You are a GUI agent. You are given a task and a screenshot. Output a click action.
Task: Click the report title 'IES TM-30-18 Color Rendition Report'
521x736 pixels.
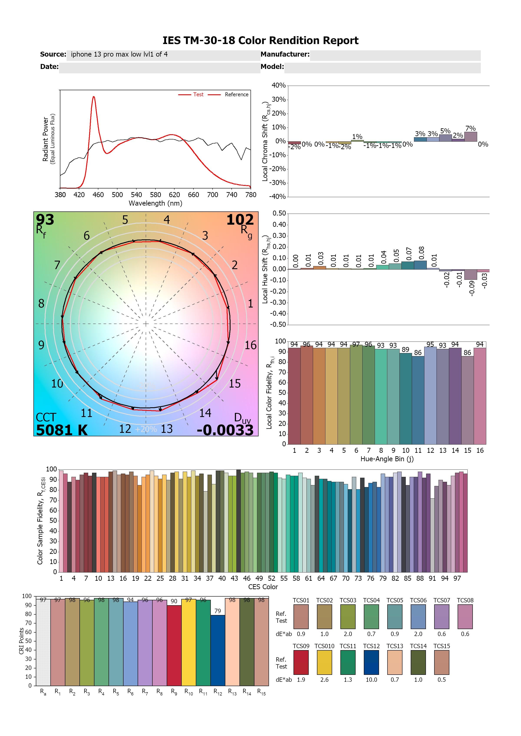coord(260,41)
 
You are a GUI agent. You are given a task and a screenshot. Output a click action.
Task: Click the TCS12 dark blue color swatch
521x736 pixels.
coord(371,662)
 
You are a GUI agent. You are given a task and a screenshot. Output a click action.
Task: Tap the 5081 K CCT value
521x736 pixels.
coord(62,430)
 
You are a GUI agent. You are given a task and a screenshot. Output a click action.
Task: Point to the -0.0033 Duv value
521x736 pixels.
coord(225,430)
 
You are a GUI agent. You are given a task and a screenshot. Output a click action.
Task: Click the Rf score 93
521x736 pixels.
coord(45,220)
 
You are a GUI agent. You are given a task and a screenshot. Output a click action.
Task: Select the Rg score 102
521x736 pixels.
coord(240,220)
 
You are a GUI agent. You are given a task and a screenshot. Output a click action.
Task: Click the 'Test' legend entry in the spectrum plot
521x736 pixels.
coord(198,95)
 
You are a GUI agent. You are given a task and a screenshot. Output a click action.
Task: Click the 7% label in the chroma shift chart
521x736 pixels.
coord(470,129)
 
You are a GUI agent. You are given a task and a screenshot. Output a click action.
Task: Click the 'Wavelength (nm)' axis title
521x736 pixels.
coord(155,203)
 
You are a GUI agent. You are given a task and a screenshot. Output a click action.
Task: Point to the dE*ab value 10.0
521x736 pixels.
coord(371,680)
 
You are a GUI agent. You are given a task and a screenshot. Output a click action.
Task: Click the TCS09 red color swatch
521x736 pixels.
coord(301,662)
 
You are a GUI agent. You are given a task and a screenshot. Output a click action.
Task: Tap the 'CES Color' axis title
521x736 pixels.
coord(263,587)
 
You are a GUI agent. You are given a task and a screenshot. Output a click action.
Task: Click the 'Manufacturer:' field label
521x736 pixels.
coord(285,54)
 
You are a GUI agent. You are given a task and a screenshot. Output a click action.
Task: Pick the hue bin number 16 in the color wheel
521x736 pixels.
coord(251,345)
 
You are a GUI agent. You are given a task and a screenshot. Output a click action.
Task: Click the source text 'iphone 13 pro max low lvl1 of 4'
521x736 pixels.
coord(119,54)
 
